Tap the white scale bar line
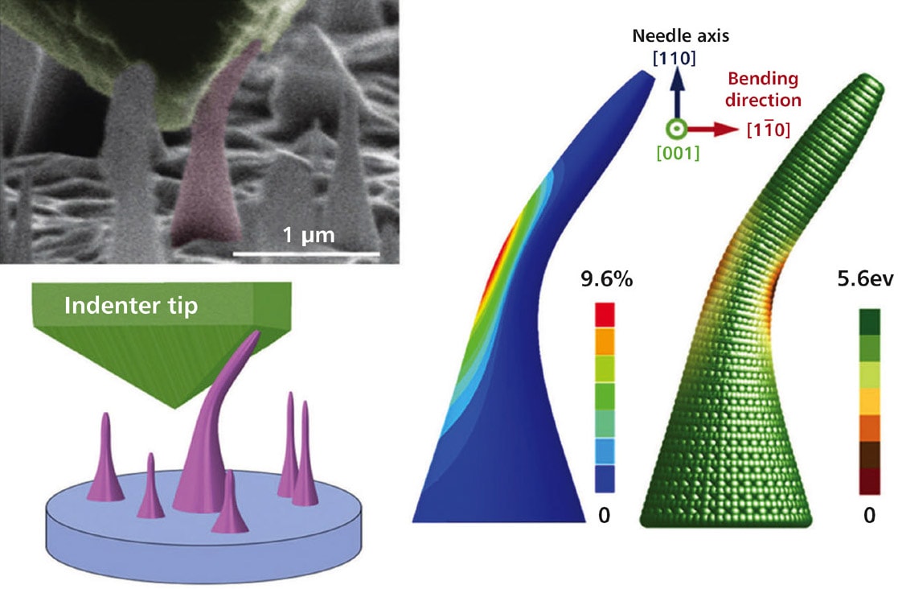tap(306, 255)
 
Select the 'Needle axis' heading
tap(676, 36)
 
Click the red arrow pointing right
tap(712, 128)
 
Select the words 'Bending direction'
tap(763, 89)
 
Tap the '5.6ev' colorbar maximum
tap(869, 281)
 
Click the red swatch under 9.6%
tap(605, 315)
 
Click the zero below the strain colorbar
tap(605, 514)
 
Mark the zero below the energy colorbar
tap(869, 514)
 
